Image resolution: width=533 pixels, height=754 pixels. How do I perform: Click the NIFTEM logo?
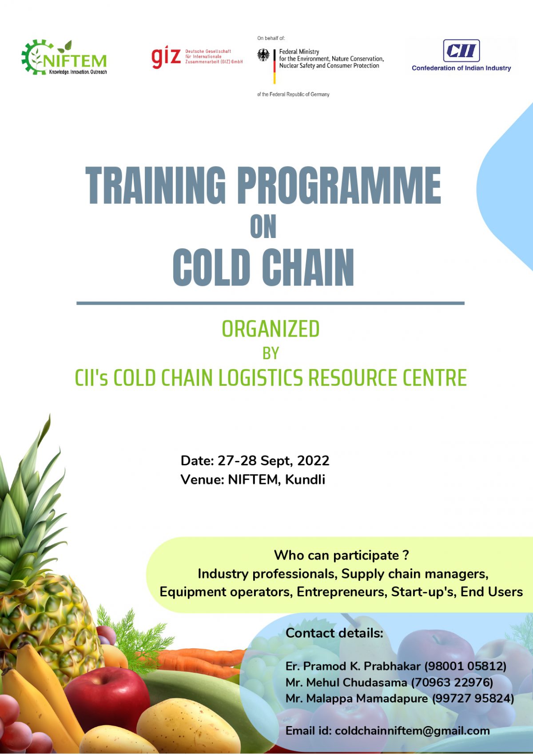pyautogui.click(x=64, y=57)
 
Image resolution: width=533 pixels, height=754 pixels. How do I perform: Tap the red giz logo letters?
pyautogui.click(x=166, y=57)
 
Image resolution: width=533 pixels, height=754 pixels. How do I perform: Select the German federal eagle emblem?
pyautogui.click(x=263, y=55)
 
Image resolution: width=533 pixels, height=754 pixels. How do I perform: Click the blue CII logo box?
pyautogui.click(x=461, y=51)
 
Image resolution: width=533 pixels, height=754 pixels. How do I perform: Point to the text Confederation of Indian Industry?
pyautogui.click(x=461, y=68)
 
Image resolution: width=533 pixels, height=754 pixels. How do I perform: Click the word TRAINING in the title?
pyautogui.click(x=155, y=186)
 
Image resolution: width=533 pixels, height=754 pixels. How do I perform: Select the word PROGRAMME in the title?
pyautogui.click(x=339, y=186)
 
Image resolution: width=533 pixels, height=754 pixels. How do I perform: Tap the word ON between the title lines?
pyautogui.click(x=263, y=226)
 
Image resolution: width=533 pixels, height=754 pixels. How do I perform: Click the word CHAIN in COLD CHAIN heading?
pyautogui.click(x=308, y=268)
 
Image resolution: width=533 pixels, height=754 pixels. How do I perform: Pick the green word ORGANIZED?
pyautogui.click(x=270, y=329)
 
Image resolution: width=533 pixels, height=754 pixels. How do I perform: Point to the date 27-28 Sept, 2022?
pyautogui.click(x=274, y=461)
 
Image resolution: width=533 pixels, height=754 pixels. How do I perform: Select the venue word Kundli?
pyautogui.click(x=305, y=480)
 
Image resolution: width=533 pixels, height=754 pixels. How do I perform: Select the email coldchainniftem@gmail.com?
pyautogui.click(x=413, y=731)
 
